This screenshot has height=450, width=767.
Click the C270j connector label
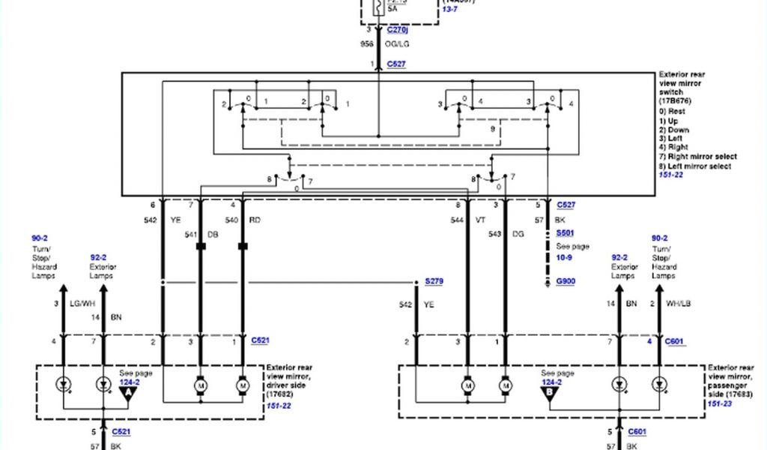point(398,30)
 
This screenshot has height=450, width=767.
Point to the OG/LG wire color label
point(398,45)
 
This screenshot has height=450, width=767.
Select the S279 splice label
point(434,280)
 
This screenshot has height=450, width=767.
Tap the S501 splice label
point(565,233)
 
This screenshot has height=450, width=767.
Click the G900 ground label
point(566,282)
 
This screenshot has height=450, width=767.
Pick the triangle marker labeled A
point(130,391)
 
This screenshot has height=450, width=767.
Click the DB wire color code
point(212,234)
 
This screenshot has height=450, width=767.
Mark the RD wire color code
point(255,220)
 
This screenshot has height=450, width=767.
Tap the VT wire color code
point(480,220)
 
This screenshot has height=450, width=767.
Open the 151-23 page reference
point(719,403)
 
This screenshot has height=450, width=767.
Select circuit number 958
point(368,45)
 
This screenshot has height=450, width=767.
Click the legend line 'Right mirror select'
point(697,157)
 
